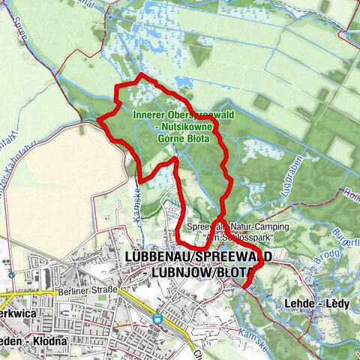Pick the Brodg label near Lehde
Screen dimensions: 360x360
[308, 276]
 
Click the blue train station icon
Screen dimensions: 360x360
[158, 318]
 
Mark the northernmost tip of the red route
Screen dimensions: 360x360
[141, 76]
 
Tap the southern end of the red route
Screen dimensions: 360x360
[244, 286]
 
